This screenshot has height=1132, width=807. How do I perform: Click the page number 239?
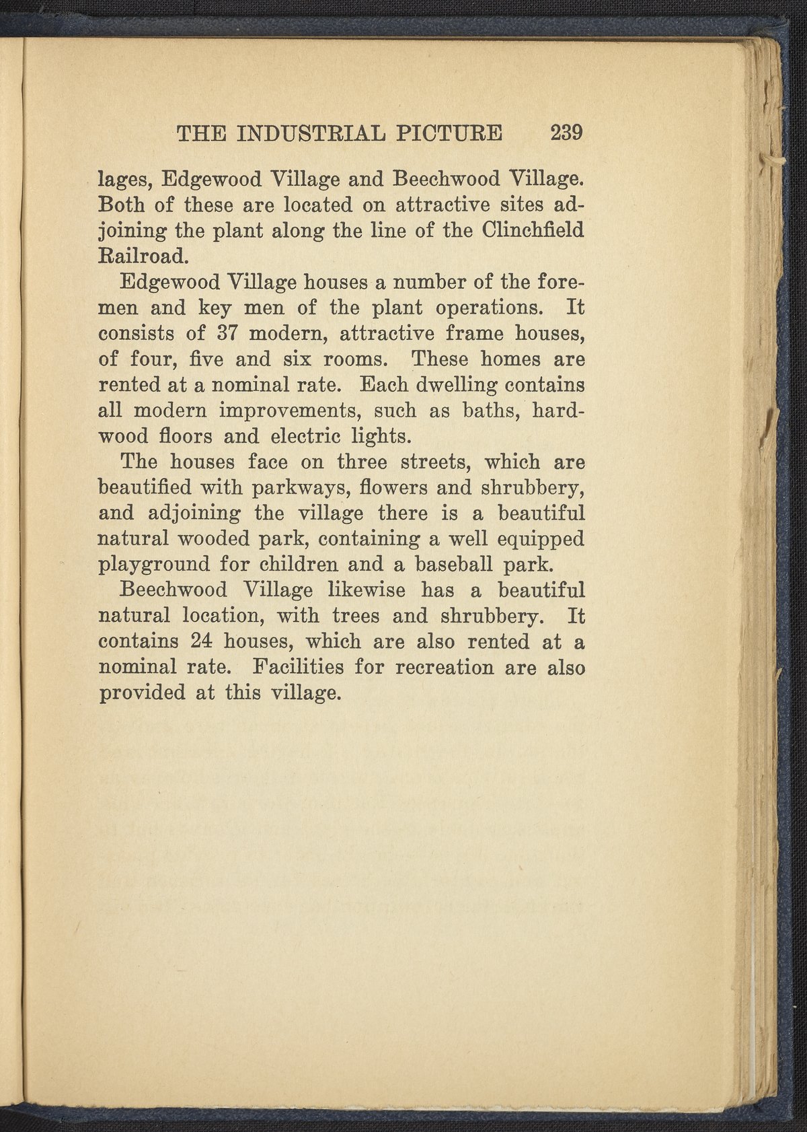[566, 133]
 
